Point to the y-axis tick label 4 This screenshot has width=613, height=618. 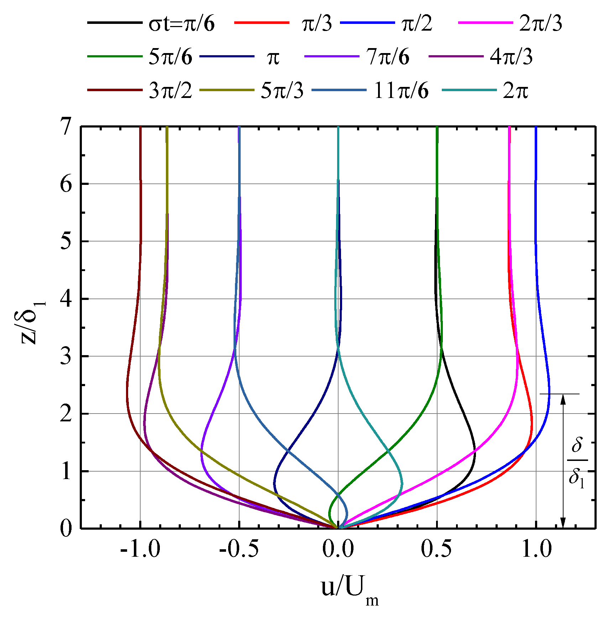coord(66,299)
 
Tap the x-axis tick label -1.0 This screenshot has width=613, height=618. coord(140,549)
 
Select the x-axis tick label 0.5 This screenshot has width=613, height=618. coord(436,549)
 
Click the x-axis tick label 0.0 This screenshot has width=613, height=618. coord(338,549)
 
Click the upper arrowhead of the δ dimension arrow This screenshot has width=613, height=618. coord(563,399)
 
